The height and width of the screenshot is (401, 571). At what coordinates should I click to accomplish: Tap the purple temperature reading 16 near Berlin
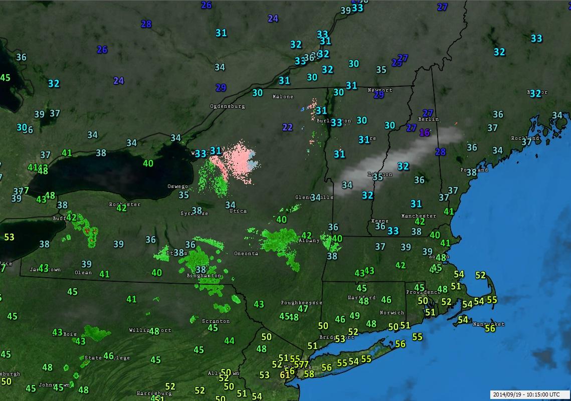425,133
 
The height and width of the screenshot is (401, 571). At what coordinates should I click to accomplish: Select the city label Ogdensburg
227,106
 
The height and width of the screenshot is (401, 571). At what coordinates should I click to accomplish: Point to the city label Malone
282,96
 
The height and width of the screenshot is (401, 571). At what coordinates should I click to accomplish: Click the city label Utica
238,211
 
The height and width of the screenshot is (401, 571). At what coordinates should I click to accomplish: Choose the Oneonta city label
246,254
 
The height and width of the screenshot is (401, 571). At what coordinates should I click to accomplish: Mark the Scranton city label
216,321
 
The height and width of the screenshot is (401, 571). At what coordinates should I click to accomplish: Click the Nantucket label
489,324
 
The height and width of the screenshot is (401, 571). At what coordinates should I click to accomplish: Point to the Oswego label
177,186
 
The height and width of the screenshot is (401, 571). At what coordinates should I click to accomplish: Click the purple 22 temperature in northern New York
287,127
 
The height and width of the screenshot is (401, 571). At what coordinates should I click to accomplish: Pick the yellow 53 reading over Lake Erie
9,237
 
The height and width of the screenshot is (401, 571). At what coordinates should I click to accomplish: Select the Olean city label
83,273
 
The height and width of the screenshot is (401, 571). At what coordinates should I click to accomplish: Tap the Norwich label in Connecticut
392,313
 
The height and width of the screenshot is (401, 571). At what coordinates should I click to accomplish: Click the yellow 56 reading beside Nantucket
490,328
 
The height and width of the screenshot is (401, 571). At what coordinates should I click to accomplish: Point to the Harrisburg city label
154,393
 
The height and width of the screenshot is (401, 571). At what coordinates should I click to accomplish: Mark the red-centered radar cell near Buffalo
90,231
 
